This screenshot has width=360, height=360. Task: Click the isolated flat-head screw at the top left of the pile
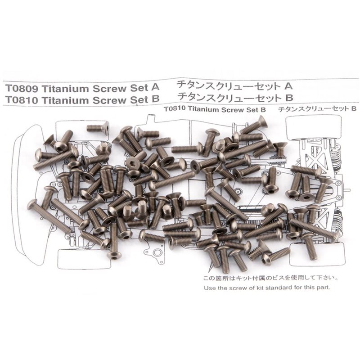point(98,128)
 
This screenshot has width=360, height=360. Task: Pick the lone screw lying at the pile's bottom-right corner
point(275,255)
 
